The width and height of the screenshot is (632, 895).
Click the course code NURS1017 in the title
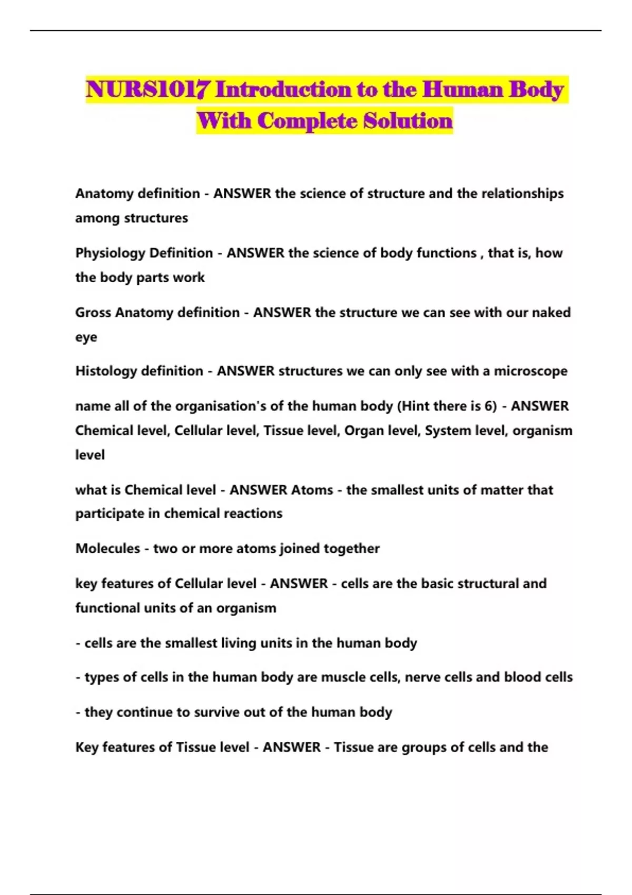pyautogui.click(x=149, y=89)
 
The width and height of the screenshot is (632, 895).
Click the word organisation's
pyautogui.click(x=226, y=406)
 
